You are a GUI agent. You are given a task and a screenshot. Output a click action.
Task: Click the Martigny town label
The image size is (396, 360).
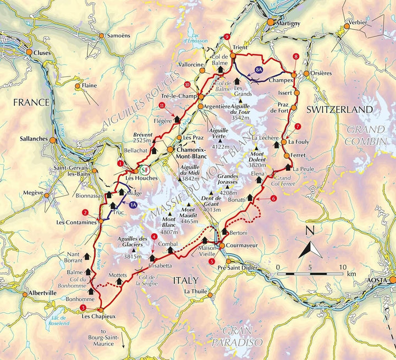pos(287,23)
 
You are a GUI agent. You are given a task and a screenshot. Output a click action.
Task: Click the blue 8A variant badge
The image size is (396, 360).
pos(259,70)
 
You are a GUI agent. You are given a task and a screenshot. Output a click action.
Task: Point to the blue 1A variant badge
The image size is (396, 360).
pos(133,204)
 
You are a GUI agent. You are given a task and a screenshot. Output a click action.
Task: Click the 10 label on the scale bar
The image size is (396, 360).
pos(343,267)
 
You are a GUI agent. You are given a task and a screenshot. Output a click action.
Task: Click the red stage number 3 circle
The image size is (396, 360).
pos(82,307)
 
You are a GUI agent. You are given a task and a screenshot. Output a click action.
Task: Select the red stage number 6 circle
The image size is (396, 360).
pos(273,198)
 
